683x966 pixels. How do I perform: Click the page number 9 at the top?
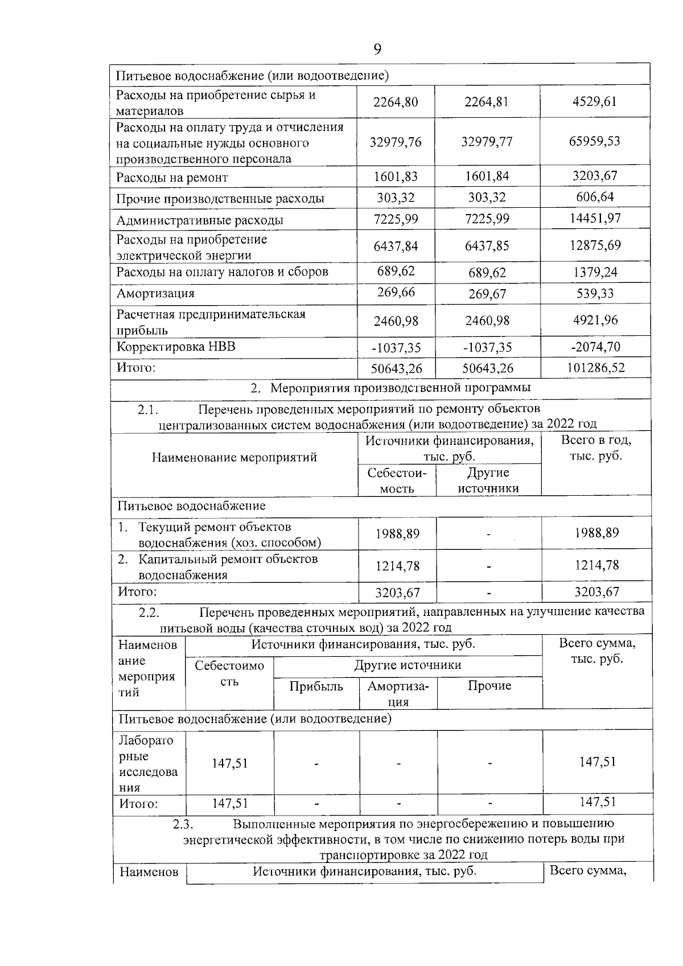coord(377,50)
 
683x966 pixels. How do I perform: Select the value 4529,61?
coord(594,102)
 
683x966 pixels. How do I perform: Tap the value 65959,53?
coord(594,141)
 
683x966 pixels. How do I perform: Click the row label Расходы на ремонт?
coord(172,178)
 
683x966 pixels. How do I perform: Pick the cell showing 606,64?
coord(595,198)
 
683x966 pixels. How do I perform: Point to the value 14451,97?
coord(594,219)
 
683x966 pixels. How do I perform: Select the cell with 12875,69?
coord(595,245)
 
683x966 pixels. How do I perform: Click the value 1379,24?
coord(595,272)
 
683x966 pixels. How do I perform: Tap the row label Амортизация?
coord(155,294)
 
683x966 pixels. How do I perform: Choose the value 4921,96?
coord(595,320)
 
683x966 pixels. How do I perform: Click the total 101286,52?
coord(595,368)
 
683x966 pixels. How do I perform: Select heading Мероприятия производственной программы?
coord(400,388)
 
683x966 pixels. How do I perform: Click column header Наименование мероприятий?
coord(234,457)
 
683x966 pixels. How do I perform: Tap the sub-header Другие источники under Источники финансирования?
coord(488,480)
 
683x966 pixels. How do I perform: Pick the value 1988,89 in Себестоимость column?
coord(397,534)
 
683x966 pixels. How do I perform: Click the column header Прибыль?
coord(316,687)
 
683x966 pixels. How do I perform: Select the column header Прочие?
coord(489,687)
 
